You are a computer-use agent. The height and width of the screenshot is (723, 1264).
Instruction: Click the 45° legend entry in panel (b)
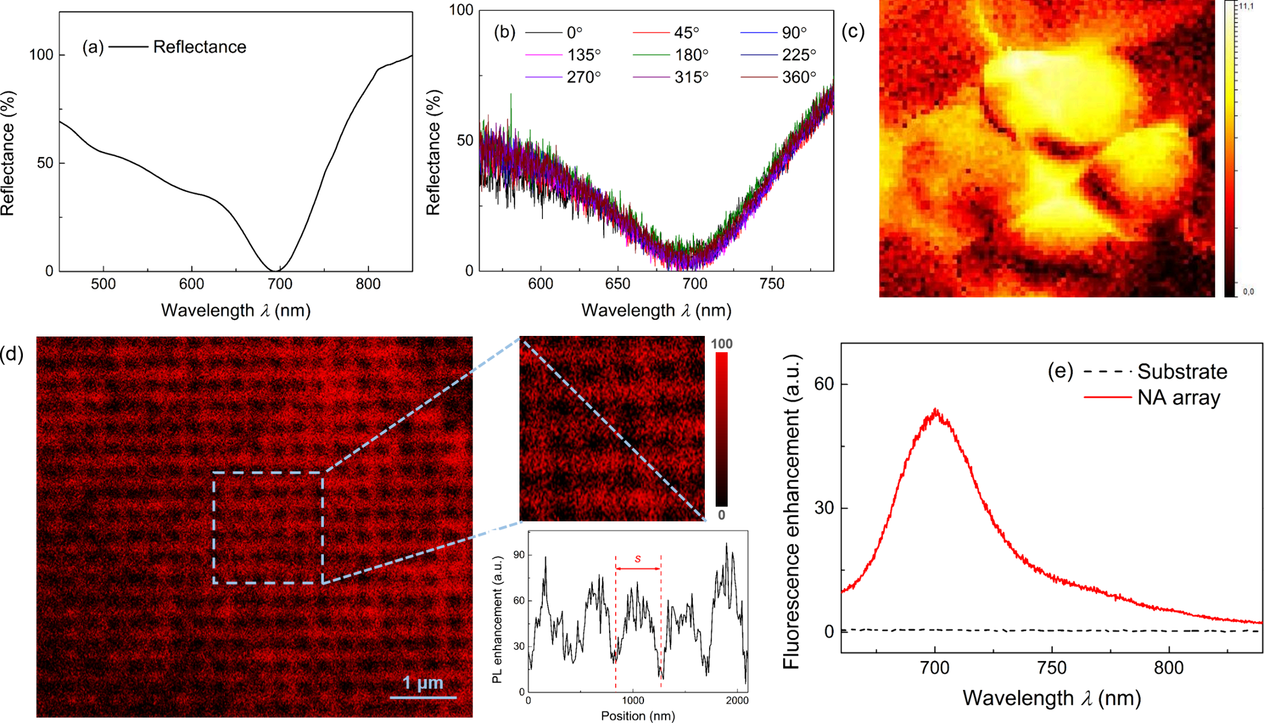coord(687,33)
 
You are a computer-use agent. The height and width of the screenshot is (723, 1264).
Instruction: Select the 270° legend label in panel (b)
coord(584,78)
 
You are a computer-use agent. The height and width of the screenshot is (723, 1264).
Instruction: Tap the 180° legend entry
coord(692,55)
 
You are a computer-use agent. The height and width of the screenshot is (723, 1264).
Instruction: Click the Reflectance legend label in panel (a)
coord(200,47)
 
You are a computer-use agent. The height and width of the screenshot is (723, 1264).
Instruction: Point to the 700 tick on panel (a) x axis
coord(280,284)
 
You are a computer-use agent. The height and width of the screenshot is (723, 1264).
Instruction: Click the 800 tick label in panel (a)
coord(368,284)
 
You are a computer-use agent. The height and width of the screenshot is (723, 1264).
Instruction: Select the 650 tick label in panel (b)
coord(618,284)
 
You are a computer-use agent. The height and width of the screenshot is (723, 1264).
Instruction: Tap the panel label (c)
coord(853,31)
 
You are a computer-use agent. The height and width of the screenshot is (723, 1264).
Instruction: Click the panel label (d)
coord(12,354)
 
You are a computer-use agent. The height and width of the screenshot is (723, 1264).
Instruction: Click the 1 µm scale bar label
coord(423,683)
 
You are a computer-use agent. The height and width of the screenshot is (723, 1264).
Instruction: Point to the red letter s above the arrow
coord(638,559)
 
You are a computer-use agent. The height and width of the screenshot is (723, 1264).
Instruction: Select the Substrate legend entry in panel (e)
coord(1182,371)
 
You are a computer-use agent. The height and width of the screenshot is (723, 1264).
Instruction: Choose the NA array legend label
coord(1179,398)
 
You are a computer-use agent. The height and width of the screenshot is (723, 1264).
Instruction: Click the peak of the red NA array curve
coord(935,411)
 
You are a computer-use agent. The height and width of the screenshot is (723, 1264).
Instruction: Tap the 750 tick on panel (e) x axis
coord(1052,668)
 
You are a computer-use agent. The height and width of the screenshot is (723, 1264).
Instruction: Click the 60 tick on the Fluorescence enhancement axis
coord(824,384)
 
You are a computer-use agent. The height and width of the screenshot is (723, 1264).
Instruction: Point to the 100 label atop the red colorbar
coord(722,344)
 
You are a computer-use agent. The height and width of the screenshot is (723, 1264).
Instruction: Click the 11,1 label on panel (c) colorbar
coord(1247,6)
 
